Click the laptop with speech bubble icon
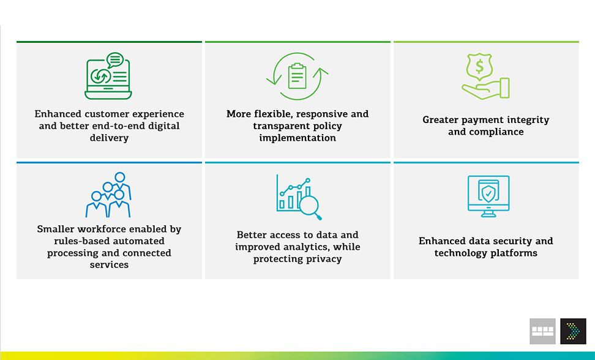[108, 76]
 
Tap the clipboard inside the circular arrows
[297, 76]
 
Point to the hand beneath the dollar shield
[485, 89]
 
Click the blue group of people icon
[108, 195]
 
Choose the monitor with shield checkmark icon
[488, 196]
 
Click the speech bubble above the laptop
[115, 60]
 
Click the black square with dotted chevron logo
[573, 331]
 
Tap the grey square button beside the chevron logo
[542, 331]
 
